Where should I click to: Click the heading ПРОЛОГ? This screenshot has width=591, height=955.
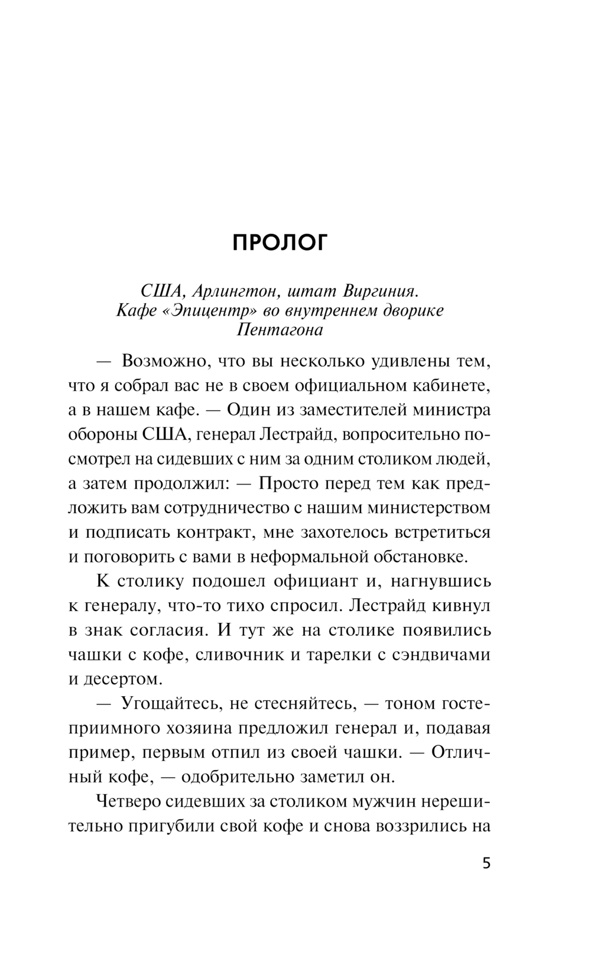279,243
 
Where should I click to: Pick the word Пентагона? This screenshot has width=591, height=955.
280,330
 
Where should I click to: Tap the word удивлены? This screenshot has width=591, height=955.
401,360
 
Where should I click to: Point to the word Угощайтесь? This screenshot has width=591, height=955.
171,703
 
